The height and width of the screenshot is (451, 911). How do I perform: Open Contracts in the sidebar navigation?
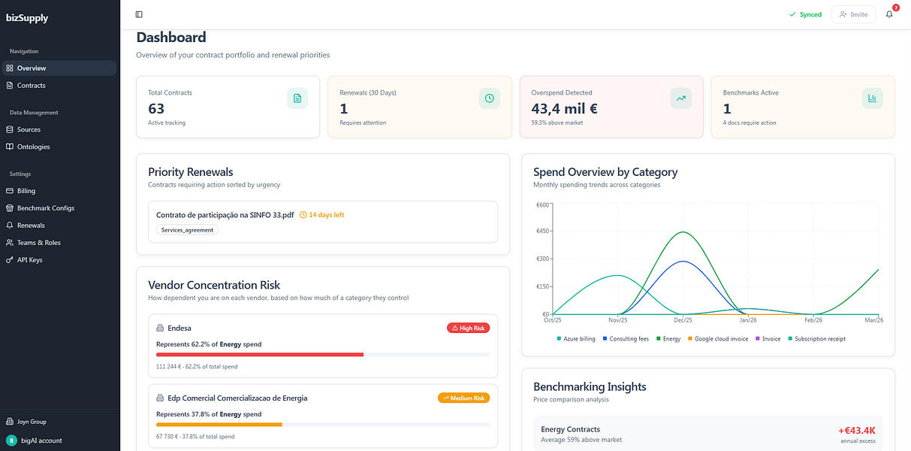pos(31,86)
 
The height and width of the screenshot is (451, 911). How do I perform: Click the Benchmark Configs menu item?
pos(46,208)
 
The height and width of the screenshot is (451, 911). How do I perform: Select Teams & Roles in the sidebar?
pos(38,243)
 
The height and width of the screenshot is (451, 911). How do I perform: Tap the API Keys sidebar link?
pos(29,259)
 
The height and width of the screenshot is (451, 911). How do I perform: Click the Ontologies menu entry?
pos(33,147)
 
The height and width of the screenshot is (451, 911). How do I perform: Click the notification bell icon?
pos(889,14)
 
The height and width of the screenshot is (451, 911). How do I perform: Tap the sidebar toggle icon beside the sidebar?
pos(139,14)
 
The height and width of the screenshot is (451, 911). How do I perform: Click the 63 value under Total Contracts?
pos(156,109)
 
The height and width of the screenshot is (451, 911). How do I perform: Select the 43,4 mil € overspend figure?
pos(564,109)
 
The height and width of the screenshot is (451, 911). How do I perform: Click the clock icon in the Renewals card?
pos(489,98)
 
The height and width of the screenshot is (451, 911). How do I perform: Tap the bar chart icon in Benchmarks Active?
pos(873,98)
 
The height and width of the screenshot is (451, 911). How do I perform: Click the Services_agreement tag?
pos(187,230)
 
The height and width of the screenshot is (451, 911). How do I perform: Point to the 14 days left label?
pos(321,215)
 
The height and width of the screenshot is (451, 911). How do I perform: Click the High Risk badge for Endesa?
pos(468,328)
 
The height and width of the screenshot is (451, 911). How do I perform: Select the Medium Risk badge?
pos(463,398)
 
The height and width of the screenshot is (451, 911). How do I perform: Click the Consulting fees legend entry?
pos(626,339)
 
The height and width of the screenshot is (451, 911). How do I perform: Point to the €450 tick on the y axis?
pos(542,231)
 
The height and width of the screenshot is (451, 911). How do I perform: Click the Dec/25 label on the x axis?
pos(683,320)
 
